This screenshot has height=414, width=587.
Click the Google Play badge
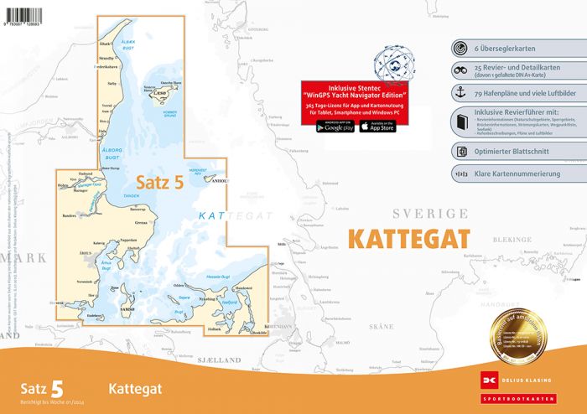click(335, 127)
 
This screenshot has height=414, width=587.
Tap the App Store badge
click(377, 127)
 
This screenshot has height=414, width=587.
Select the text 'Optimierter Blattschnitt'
click(516, 152)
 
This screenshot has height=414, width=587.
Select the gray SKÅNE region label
click(382, 325)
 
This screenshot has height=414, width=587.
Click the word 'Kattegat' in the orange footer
click(136, 389)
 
